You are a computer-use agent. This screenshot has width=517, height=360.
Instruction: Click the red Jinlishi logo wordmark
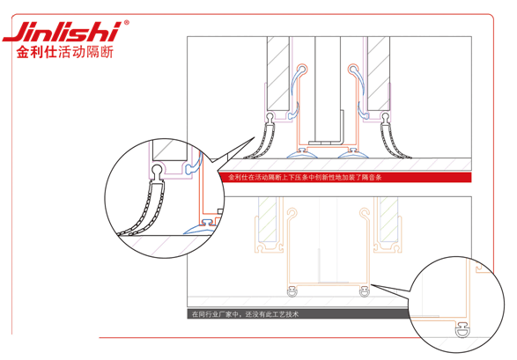[61, 32]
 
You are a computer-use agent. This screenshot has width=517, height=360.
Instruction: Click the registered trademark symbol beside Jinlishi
[126, 23]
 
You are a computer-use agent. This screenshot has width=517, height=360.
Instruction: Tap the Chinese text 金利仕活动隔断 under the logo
[65, 52]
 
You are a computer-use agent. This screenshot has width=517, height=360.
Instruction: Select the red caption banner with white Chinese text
[344, 177]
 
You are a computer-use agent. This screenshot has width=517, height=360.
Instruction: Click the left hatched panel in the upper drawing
[278, 73]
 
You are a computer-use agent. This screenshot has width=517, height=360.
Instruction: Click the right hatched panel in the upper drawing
[379, 73]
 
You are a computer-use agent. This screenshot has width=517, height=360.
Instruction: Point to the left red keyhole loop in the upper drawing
[302, 70]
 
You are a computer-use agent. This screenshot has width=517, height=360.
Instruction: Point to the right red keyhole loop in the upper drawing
[353, 70]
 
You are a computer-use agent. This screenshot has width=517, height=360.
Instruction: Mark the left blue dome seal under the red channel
[303, 154]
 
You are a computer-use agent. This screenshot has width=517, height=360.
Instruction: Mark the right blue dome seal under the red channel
[353, 154]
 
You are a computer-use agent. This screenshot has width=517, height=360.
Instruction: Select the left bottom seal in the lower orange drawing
[292, 291]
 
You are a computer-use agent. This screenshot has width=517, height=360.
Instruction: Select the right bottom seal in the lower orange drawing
[364, 291]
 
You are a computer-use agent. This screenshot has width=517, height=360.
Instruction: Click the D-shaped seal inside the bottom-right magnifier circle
[462, 330]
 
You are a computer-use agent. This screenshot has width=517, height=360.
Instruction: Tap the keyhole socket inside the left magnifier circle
[157, 171]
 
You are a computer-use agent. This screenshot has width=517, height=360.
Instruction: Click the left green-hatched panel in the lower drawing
[268, 219]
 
